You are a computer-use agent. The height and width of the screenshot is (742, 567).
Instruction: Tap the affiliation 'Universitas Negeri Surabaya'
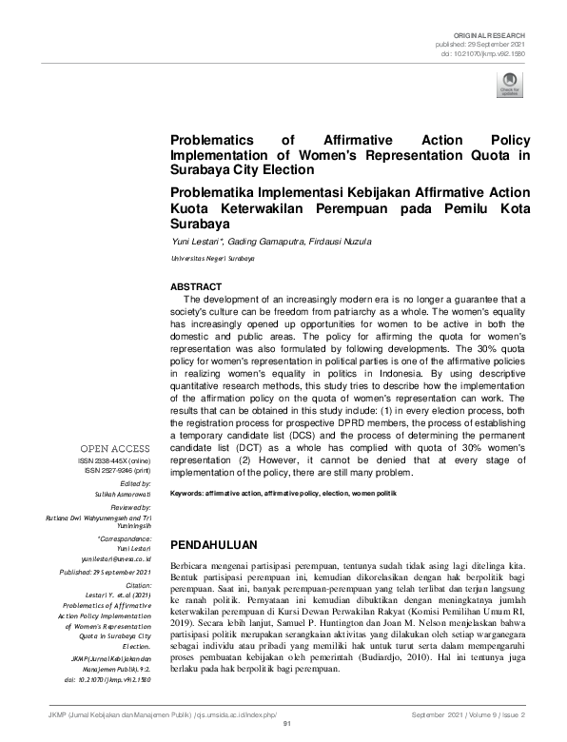(x=208, y=258)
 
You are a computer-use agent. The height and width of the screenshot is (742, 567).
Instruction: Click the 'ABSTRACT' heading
(x=195, y=286)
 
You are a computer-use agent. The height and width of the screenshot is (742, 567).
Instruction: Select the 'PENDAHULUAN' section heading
(x=213, y=545)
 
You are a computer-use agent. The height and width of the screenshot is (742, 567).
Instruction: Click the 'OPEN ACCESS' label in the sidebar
(x=115, y=448)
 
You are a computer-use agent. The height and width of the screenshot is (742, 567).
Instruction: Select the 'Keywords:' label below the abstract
(x=187, y=494)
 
